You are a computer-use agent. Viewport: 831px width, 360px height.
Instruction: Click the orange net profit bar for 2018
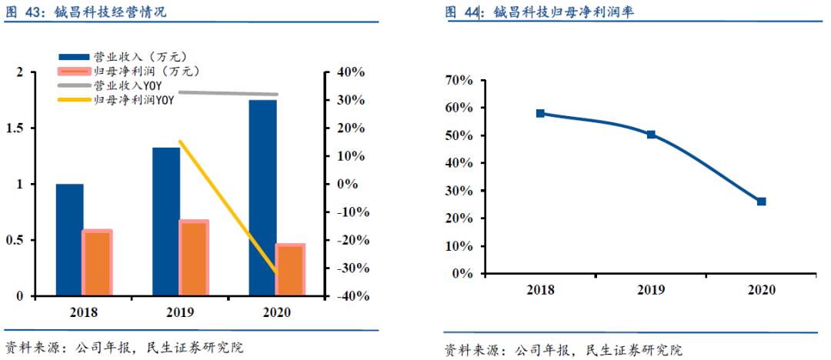[98, 263]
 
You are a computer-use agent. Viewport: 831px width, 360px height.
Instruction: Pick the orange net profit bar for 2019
[194, 258]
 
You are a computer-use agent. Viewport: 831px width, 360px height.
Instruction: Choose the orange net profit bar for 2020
[290, 270]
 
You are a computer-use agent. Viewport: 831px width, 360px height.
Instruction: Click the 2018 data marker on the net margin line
[540, 113]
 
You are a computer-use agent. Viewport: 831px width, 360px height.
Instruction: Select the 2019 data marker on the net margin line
[651, 134]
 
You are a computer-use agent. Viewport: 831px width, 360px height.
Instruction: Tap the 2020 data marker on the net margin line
[761, 202]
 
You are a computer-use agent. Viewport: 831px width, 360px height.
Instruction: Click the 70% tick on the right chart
[458, 80]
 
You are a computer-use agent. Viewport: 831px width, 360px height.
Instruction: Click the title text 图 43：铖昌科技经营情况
[85, 12]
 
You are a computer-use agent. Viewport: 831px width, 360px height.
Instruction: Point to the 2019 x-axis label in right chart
[651, 290]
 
